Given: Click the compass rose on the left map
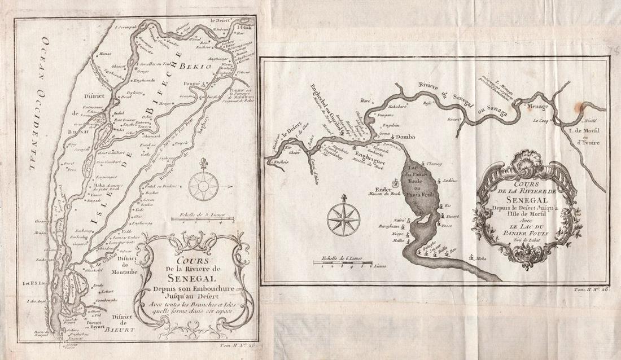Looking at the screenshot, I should tap(200, 183).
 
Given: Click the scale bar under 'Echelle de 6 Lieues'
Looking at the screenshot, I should tap(342, 263).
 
